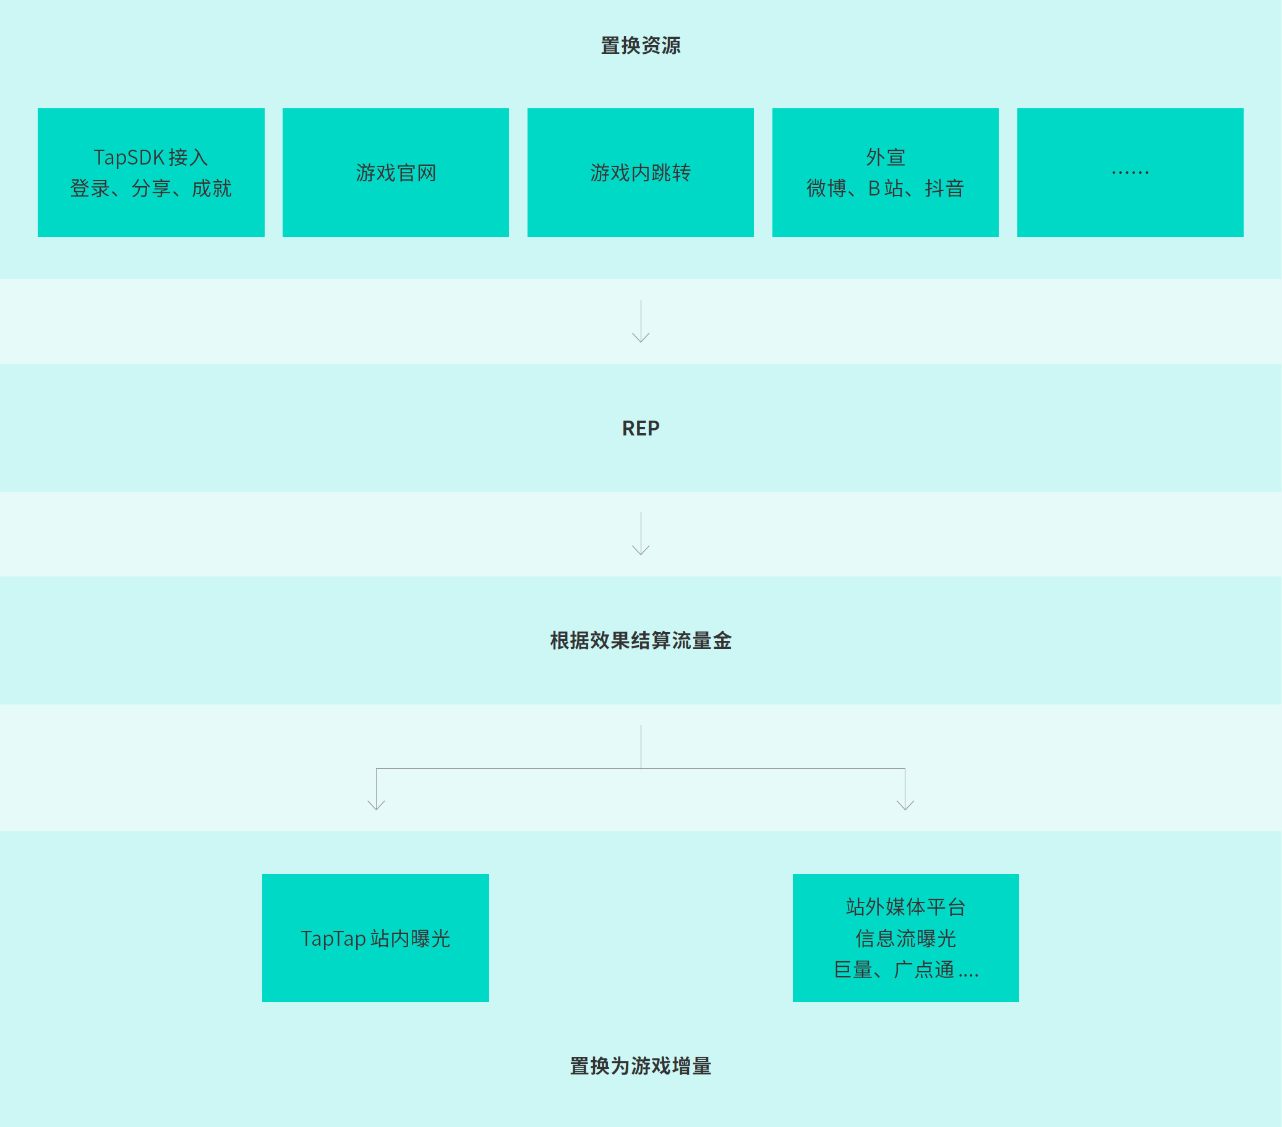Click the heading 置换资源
(x=640, y=46)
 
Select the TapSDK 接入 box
(x=151, y=173)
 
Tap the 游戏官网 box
(x=396, y=173)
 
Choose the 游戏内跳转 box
(x=640, y=173)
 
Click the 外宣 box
(x=885, y=173)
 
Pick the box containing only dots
(x=1130, y=173)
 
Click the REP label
(x=640, y=429)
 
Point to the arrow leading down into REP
(x=640, y=321)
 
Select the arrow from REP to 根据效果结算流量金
(x=640, y=534)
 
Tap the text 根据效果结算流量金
(x=640, y=641)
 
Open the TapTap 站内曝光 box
(x=375, y=938)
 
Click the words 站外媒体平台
(x=905, y=907)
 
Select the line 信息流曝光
(x=905, y=938)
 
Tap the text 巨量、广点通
(x=894, y=970)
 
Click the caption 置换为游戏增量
(x=640, y=1066)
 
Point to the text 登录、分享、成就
(x=151, y=188)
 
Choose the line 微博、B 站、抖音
(x=885, y=188)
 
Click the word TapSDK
(x=129, y=157)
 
